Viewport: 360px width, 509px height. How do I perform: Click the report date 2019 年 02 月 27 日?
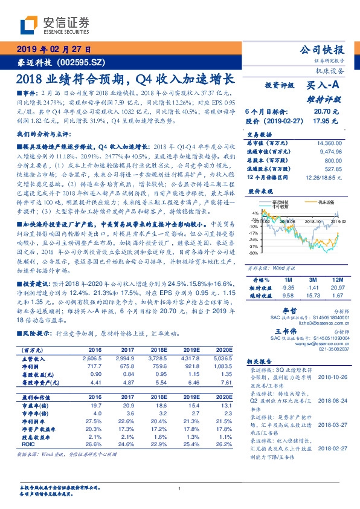pyautogui.click(x=53, y=50)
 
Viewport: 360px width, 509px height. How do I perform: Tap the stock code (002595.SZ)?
pyautogui.click(x=80, y=62)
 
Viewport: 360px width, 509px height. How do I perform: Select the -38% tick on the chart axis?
pyautogui.click(x=254, y=253)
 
